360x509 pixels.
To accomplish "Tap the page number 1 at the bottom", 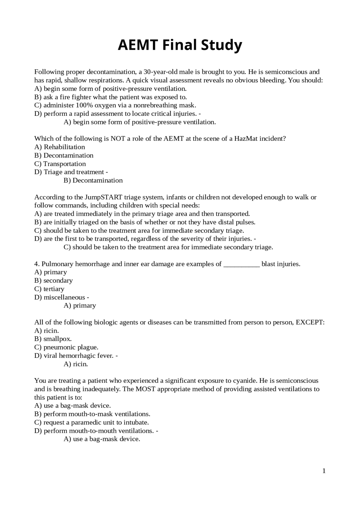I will (x=324, y=471).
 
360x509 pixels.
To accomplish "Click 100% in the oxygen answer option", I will (x=84, y=105).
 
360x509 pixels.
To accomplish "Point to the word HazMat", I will (x=246, y=139).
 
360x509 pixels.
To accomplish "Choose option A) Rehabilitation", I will (x=60, y=147).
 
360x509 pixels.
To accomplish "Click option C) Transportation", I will (x=60, y=164).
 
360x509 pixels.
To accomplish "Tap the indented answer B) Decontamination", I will (x=93, y=180).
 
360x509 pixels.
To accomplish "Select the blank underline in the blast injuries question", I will (x=241, y=264).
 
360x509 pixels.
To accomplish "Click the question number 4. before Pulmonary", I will (x=37, y=264).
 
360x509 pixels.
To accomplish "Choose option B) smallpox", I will (x=53, y=339).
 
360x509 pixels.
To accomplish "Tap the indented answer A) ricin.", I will (x=76, y=364).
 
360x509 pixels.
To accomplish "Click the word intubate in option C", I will (x=138, y=422).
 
